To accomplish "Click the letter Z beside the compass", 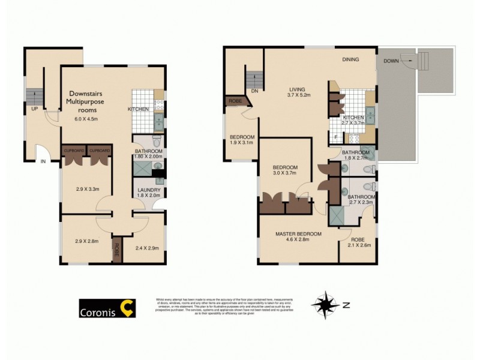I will [x=346, y=305].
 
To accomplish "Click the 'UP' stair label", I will [x=35, y=109].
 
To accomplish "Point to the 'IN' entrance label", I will [x=43, y=161].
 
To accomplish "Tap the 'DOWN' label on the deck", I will [x=391, y=61].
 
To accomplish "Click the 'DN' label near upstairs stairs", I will [x=254, y=91].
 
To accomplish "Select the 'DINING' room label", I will [x=351, y=59].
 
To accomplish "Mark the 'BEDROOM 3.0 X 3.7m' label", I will [x=285, y=170].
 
